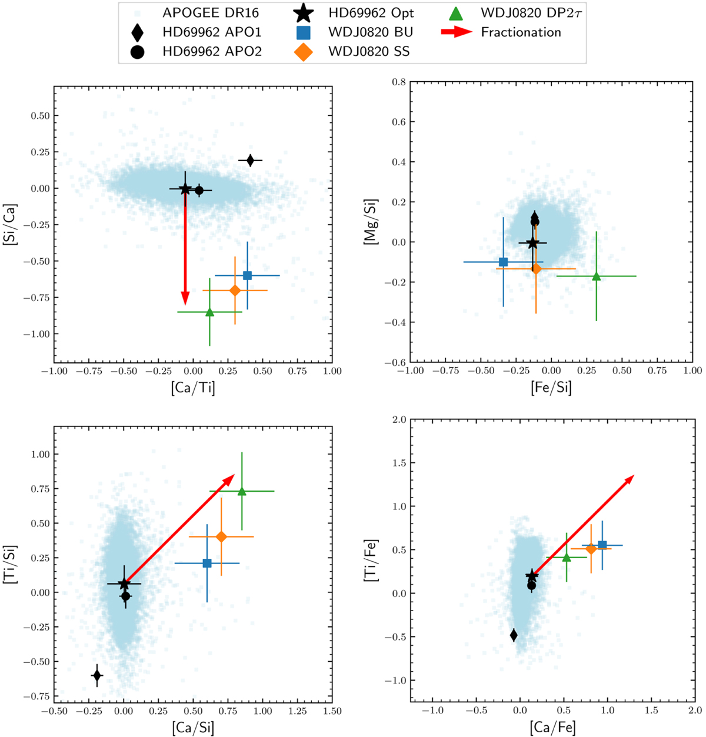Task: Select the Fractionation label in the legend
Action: click(521, 32)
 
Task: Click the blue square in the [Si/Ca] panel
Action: click(247, 275)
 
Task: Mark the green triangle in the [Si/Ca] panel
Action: click(209, 312)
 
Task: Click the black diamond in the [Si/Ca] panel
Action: click(250, 160)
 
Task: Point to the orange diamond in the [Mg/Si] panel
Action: click(536, 269)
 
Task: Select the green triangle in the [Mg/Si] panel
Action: click(597, 276)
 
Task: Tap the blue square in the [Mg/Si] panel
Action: click(503, 262)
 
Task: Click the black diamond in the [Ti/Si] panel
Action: click(97, 676)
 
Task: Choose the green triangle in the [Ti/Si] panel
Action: click(242, 491)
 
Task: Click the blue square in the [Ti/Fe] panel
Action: click(602, 545)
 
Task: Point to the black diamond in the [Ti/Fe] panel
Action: click(514, 635)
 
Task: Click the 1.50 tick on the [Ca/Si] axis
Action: click(332, 711)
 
